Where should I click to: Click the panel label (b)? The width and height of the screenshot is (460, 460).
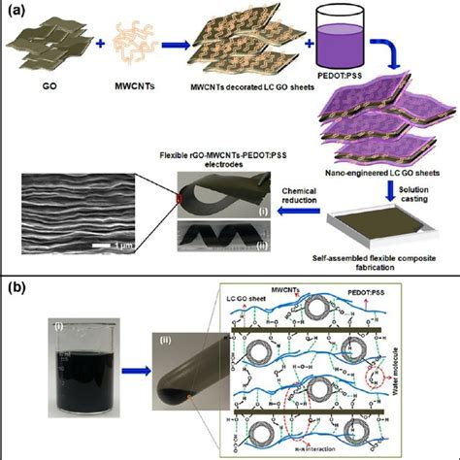click(x=17, y=289)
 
